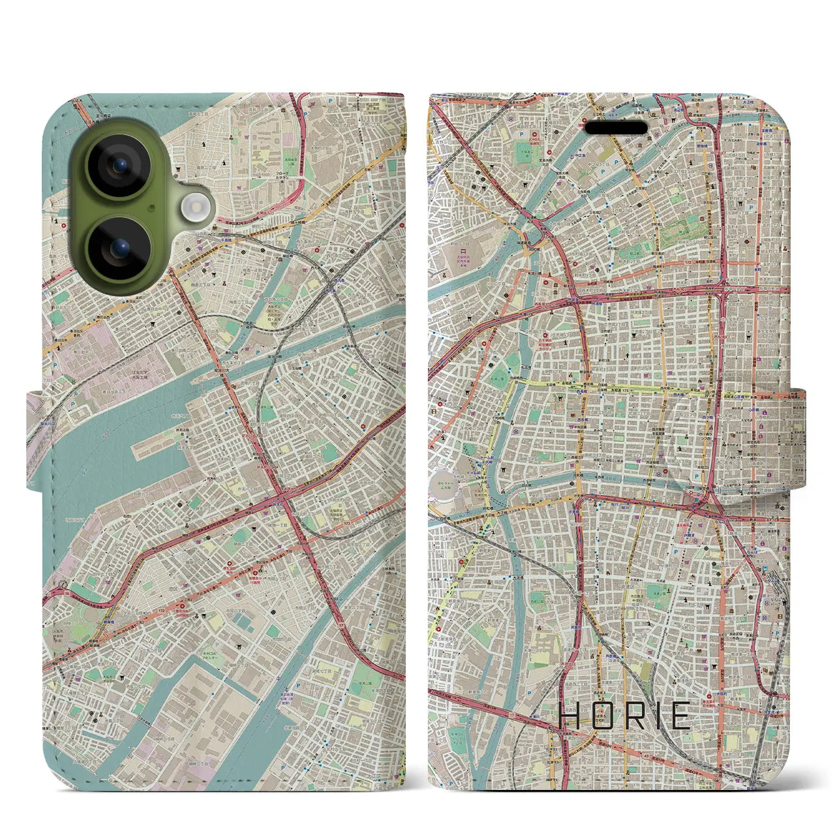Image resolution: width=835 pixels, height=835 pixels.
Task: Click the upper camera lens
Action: pyautogui.click(x=119, y=166)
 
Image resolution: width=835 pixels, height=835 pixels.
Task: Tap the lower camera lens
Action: pyautogui.click(x=119, y=249)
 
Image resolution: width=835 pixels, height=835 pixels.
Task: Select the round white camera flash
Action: pyautogui.click(x=194, y=209)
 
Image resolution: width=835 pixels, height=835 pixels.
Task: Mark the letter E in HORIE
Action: pyautogui.click(x=680, y=716)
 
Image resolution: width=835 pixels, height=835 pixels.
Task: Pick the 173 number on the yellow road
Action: pyautogui.click(x=626, y=390)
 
